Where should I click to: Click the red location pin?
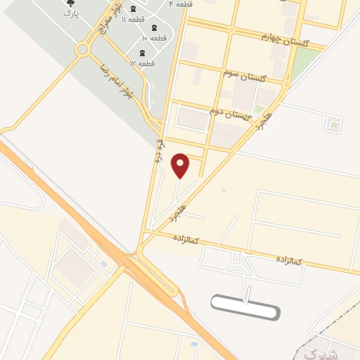(x=181, y=165)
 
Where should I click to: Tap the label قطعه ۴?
(x=180, y=4)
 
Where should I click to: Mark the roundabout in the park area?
(x=83, y=49)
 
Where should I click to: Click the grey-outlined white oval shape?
(x=245, y=306)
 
